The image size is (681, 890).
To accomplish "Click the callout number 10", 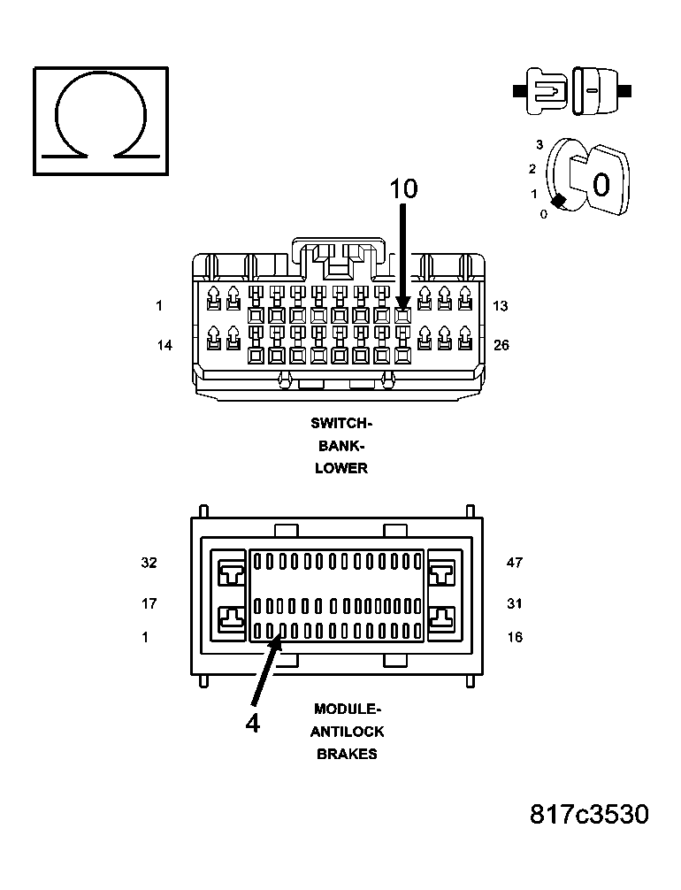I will pos(403,188).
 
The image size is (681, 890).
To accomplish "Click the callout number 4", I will pos(253,724).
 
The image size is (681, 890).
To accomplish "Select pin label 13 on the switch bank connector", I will pos(501,306).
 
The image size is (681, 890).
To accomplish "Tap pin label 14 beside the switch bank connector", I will pos(165,345).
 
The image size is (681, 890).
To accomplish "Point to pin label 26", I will pos(501,345).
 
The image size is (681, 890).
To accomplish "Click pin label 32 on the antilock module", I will pos(149,562).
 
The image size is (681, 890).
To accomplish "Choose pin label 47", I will pos(515,562).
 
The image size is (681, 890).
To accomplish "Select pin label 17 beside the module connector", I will pos(149,603).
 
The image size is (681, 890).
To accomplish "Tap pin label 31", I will pos(515,603).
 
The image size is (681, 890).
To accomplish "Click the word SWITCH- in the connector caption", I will pos(341,424).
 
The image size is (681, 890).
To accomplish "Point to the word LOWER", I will pos(341,468).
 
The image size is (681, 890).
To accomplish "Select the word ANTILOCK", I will pos(347,732).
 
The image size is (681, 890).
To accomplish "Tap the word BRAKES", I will pos(347,754).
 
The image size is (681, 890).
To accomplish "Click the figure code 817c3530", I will pos(589,814).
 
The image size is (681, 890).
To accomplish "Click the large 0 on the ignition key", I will pos(601,185).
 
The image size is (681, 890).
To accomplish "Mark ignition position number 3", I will pos(539,144).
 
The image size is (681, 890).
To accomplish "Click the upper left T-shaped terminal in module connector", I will pos(232,575).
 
